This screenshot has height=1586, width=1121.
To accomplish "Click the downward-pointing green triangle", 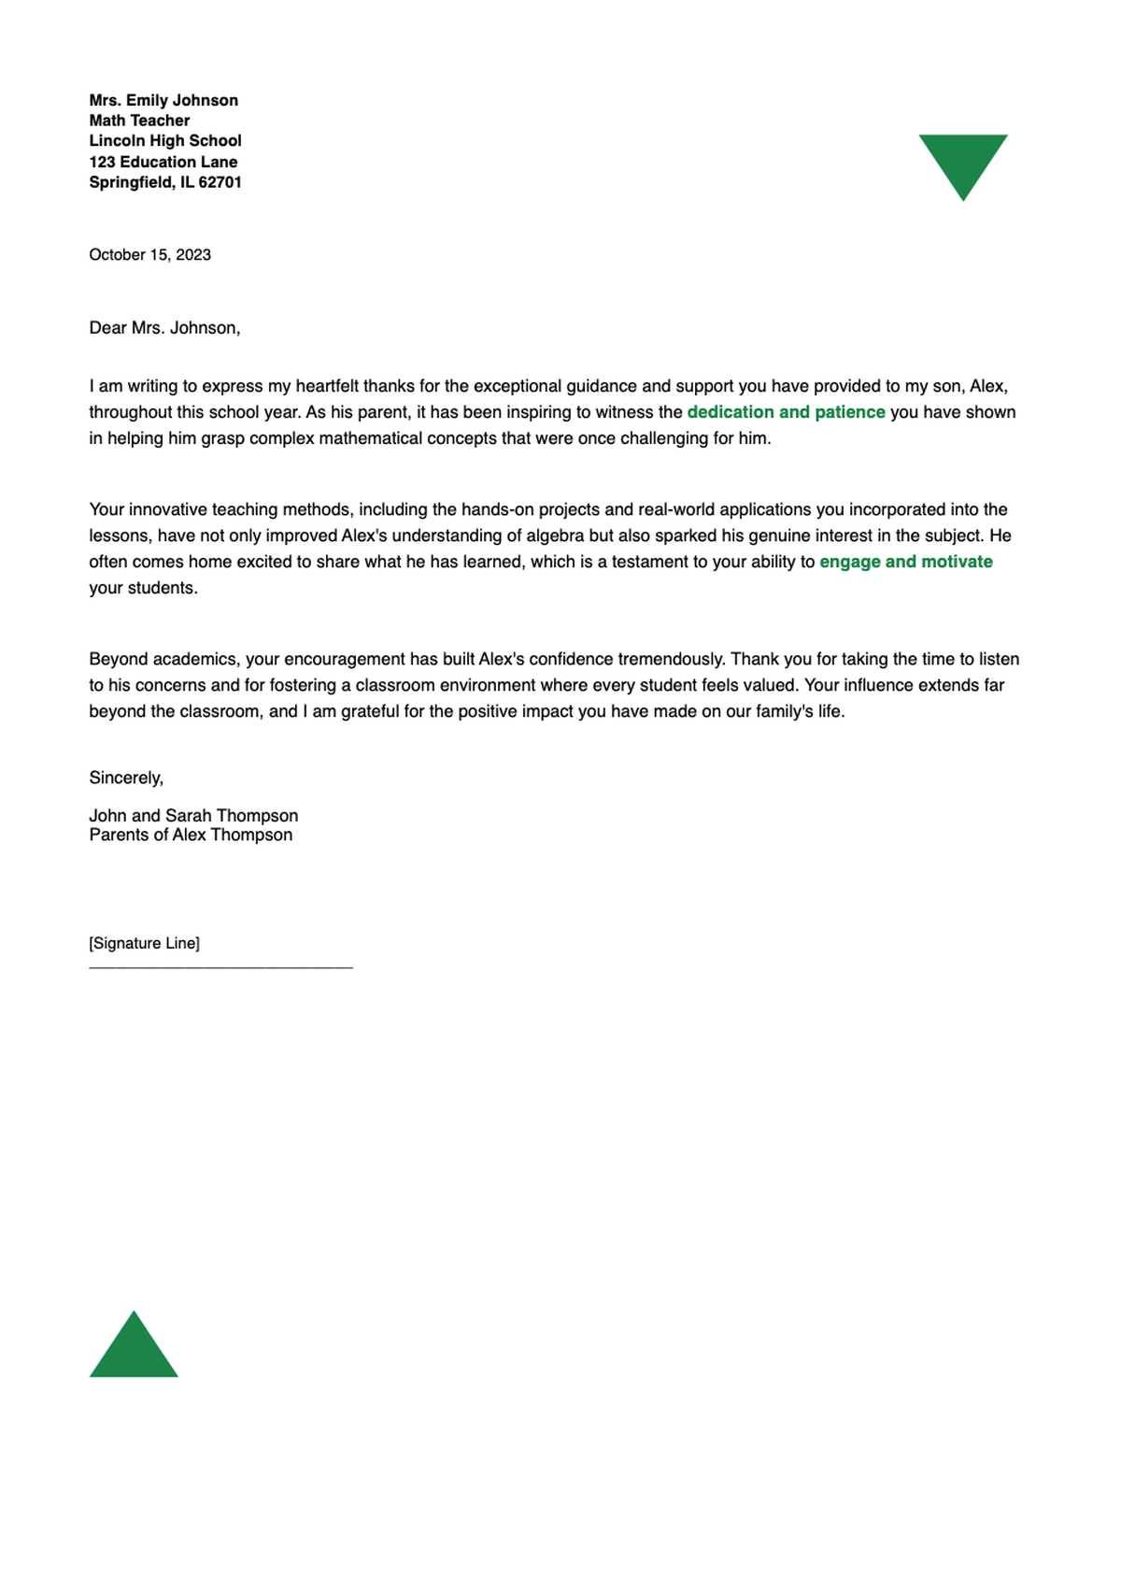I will (962, 161).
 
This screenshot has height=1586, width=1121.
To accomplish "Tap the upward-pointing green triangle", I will (134, 1351).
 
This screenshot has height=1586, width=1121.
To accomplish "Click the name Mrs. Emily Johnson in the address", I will (163, 100).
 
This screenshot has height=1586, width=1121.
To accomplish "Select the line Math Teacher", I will (139, 121).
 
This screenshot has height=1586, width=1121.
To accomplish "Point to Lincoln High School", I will (165, 141).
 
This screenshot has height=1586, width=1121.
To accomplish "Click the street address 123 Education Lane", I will (163, 162).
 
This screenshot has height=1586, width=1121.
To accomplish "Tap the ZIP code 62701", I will (220, 182).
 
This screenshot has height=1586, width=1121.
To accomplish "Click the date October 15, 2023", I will (149, 255).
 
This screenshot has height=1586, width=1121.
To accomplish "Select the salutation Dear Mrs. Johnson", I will (164, 328).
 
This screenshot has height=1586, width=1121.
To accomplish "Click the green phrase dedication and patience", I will (786, 412).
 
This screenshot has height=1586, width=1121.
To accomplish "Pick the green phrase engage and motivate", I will (905, 562).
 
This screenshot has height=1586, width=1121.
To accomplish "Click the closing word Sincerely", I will (126, 778).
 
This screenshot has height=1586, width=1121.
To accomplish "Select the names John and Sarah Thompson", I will (193, 816).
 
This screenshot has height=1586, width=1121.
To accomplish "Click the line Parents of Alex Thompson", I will (191, 836).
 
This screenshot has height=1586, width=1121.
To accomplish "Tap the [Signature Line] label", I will (144, 943).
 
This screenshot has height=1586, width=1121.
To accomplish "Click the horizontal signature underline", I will (220, 967).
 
